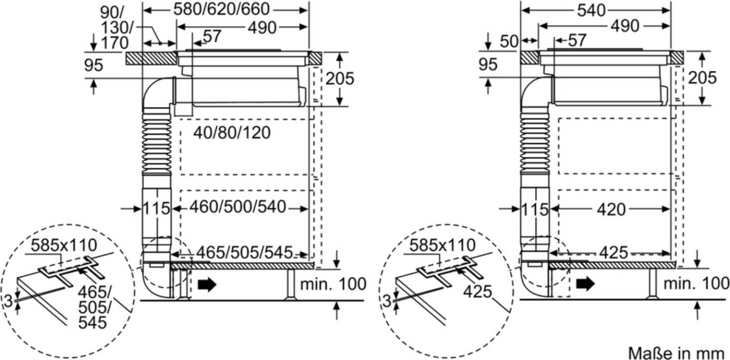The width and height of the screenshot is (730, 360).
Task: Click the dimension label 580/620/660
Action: coord(221,10)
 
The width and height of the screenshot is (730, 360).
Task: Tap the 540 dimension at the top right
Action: coord(591,11)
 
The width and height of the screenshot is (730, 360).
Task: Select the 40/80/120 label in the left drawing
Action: coord(232,133)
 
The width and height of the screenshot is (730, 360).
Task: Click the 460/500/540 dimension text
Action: coord(238,207)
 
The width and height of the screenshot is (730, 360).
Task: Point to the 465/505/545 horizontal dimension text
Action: coord(244,253)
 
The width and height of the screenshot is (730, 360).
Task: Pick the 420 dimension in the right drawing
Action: coord(611,209)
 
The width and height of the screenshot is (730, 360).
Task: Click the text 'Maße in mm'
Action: coord(676,353)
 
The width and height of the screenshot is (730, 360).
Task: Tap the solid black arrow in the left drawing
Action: coord(207,284)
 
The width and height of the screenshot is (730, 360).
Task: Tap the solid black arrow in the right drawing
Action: coord(586,283)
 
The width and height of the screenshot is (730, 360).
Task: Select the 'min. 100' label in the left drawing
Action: coord(333,284)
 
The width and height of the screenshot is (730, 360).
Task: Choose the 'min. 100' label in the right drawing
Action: coord(697,283)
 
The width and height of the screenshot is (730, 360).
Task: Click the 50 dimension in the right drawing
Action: coord(509,42)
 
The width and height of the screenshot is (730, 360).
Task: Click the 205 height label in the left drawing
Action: coord(340,79)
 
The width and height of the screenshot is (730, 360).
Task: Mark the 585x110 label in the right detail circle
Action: coord(442,245)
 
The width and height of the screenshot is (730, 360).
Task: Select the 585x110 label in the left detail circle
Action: coord(64,245)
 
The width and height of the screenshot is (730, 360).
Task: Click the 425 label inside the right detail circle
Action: coord(478,292)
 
